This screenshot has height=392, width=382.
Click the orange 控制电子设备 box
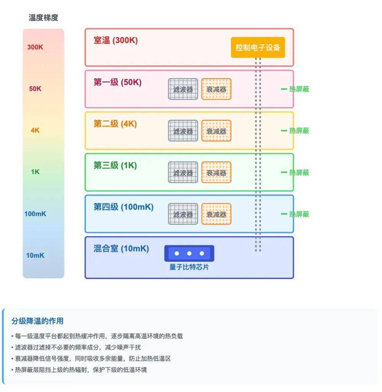(x=258, y=47)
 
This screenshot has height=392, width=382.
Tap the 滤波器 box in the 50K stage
(x=183, y=89)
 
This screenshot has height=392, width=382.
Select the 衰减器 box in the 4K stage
(x=216, y=131)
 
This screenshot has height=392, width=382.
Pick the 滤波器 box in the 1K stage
(x=183, y=173)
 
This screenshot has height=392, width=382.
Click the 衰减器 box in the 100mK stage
(x=216, y=214)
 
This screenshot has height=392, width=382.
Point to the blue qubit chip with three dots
(x=189, y=253)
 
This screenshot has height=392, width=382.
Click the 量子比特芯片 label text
(x=189, y=267)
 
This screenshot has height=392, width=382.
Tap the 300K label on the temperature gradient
(x=35, y=47)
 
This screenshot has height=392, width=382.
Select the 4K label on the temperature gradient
(x=35, y=130)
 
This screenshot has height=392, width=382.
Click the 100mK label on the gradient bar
(x=35, y=214)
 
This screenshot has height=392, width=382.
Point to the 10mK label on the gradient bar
(x=35, y=255)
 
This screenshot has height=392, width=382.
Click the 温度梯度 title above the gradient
(x=44, y=18)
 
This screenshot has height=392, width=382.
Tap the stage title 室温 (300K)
(x=115, y=40)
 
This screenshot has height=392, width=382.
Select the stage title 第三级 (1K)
(x=115, y=166)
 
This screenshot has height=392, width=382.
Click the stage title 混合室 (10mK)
(x=121, y=249)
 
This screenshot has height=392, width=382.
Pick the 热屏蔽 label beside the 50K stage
(x=299, y=89)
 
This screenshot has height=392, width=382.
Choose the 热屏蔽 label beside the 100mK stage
(x=299, y=214)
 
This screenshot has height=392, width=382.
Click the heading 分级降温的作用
(x=37, y=321)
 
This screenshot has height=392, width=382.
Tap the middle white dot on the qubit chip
(x=189, y=253)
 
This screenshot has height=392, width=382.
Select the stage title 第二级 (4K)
(x=115, y=124)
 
